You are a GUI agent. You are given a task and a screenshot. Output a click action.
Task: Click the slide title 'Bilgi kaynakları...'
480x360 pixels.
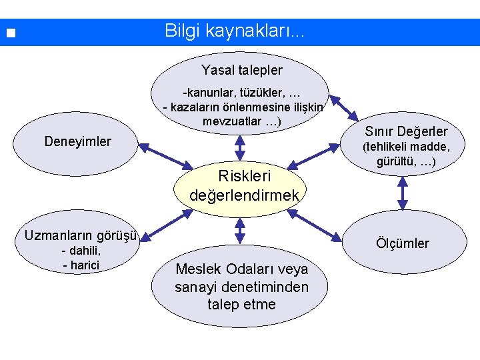point(234,31)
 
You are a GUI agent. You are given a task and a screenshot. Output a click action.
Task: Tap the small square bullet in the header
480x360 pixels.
point(9,33)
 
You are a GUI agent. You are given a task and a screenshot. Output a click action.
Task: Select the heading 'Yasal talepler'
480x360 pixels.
point(242,70)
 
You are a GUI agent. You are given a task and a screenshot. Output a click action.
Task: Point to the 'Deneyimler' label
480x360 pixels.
point(77,141)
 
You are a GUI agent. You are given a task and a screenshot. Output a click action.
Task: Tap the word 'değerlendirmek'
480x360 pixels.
point(245,196)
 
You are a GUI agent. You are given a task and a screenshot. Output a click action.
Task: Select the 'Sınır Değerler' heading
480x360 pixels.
point(406,131)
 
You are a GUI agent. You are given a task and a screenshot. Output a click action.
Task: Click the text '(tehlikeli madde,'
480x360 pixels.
point(405,147)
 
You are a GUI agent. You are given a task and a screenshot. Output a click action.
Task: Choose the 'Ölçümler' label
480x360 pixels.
point(402,243)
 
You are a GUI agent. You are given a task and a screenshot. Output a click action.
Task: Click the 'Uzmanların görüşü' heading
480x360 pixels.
point(81,235)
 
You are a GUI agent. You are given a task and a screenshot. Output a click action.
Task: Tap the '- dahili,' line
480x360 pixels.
point(81,251)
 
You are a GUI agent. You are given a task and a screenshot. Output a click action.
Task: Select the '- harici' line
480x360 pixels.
point(81,265)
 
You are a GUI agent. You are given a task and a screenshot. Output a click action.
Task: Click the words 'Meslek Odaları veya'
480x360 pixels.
point(241,270)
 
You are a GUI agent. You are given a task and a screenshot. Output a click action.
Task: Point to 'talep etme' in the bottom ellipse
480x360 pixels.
point(241,304)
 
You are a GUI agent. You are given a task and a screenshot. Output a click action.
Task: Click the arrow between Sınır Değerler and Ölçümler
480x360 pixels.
point(403,196)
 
